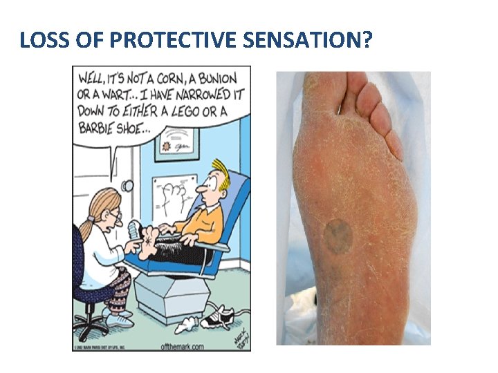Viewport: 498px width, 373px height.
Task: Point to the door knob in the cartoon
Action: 126,186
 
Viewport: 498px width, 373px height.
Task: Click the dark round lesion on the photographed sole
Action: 338,235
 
